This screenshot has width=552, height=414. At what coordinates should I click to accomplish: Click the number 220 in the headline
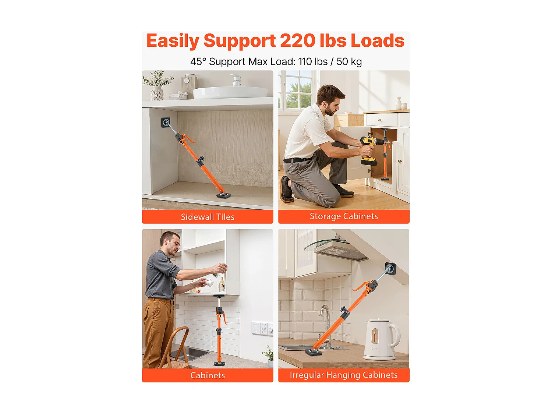click(x=297, y=40)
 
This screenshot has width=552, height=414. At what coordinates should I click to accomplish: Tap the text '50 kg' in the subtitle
click(x=349, y=61)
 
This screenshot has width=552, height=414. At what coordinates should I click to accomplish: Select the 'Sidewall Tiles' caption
click(x=208, y=217)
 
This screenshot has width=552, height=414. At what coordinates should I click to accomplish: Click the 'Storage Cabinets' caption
click(x=344, y=216)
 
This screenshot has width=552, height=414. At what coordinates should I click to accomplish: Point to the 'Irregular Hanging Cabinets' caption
click(x=344, y=375)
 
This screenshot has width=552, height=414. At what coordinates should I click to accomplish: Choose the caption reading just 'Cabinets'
click(x=208, y=375)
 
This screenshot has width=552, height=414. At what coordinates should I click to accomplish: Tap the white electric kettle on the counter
click(x=381, y=339)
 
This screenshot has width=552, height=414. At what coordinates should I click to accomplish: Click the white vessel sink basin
click(x=230, y=92)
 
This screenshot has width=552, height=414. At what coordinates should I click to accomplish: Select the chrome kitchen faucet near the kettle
click(x=325, y=320)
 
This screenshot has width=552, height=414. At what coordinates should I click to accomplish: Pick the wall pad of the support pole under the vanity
click(x=166, y=122)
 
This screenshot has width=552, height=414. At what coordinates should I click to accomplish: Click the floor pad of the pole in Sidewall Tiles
click(x=224, y=195)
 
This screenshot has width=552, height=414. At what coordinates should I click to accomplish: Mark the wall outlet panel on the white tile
click(x=262, y=328)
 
